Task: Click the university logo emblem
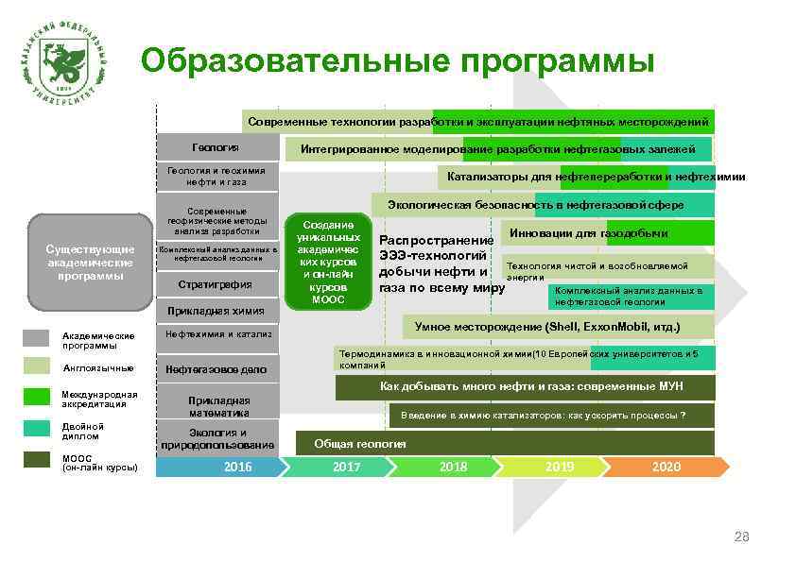(63, 64)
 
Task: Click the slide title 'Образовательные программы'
(397, 61)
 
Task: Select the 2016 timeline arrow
(237, 467)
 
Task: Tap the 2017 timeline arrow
(346, 467)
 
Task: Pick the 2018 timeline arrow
(453, 467)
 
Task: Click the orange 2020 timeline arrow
(666, 467)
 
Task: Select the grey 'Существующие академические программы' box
(91, 263)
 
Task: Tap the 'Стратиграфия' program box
(216, 283)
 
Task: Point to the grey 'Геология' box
(216, 148)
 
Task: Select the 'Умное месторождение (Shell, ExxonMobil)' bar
(546, 327)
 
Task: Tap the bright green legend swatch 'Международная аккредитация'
(36, 397)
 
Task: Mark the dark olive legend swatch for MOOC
(36, 460)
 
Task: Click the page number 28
(742, 537)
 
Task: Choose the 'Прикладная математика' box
(218, 406)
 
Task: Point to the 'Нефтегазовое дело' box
(216, 368)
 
